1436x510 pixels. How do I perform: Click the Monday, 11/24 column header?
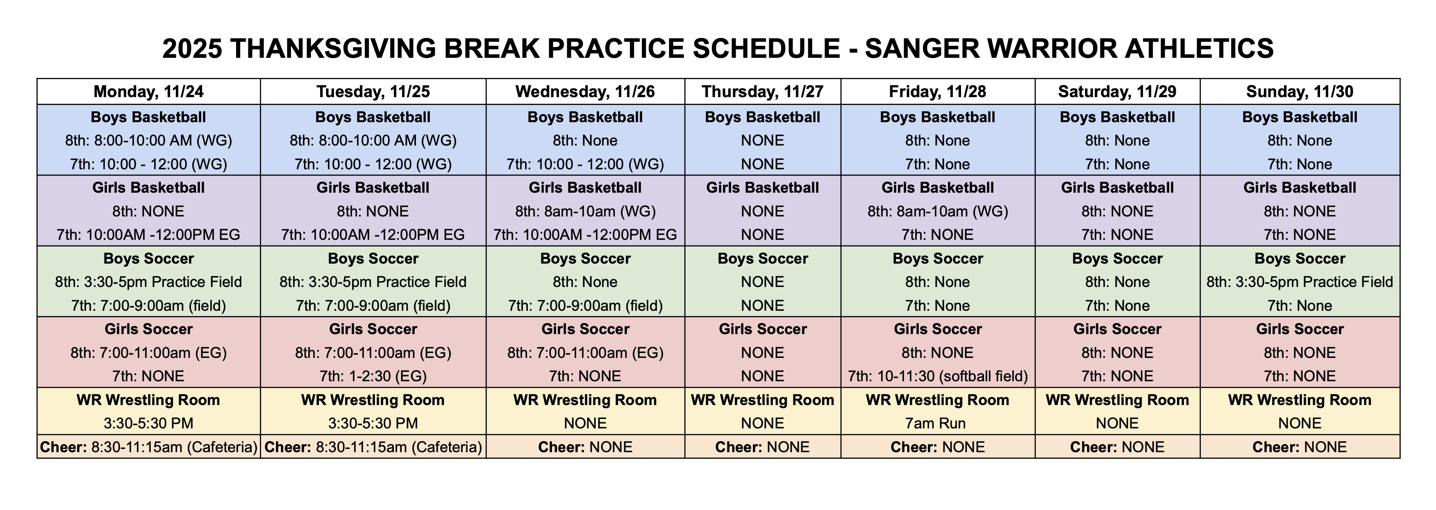(x=148, y=91)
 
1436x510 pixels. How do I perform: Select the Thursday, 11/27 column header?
(x=763, y=91)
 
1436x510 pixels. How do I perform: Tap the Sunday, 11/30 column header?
(x=1300, y=91)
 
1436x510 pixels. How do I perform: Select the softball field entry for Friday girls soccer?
(x=938, y=376)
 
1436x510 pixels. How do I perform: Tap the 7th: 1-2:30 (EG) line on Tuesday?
(x=373, y=376)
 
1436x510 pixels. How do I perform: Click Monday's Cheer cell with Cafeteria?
(x=148, y=447)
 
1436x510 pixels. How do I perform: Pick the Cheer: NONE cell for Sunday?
(x=1300, y=447)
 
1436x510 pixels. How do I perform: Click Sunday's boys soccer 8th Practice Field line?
(x=1300, y=282)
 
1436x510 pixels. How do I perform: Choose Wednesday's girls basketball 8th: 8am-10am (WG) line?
(x=585, y=211)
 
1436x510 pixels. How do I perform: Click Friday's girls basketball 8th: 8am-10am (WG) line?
(x=938, y=211)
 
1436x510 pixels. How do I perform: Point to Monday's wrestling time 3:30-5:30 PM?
(x=148, y=423)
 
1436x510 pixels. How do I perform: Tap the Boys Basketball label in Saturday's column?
(x=1117, y=117)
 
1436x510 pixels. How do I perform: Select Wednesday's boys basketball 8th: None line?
(x=585, y=141)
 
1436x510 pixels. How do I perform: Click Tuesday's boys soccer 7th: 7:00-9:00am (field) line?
(x=373, y=305)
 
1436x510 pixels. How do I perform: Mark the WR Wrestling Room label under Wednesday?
(x=585, y=400)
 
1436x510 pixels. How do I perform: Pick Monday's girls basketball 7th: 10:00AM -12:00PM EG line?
(x=148, y=235)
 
